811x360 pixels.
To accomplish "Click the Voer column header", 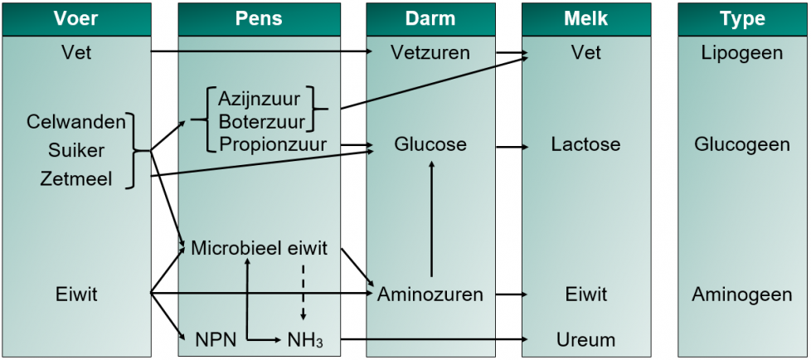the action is pos(76,19).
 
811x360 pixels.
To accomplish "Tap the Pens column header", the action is pos(259,19).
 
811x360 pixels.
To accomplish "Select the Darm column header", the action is pos(430,19).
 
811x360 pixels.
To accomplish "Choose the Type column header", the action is pos(742,19).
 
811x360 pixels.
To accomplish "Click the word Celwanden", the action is pos(76,122).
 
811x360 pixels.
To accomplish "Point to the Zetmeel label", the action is pos(76,179).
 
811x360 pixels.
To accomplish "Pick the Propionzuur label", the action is pos(273,144).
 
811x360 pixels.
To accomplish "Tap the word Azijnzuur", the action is pos(259,98).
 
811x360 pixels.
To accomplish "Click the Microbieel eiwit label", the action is pos(259,248).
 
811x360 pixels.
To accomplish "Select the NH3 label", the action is pos(306,340).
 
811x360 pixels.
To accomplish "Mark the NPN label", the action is pos(216,340).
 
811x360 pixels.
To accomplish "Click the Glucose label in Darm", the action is pos(430,144).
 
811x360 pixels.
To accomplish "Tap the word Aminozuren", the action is pos(430,294).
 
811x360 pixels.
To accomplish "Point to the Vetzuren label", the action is pos(430,52).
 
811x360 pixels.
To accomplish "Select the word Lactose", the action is pos(585,144).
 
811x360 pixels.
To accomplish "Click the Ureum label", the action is pos(586,340).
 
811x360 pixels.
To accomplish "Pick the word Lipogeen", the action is pos(742,53).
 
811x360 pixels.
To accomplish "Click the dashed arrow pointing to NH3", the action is pos(304,292).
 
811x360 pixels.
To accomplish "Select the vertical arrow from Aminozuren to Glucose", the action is pos(431,219).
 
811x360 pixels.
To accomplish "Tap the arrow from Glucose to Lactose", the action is pos(512,148).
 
